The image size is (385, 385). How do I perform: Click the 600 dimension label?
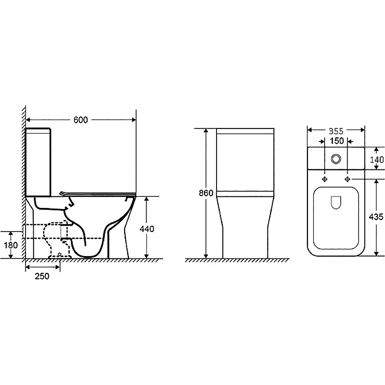[80, 120]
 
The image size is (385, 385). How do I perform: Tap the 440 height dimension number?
[147, 229]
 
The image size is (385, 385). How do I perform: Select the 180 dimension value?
[11, 245]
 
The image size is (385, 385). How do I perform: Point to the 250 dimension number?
[42, 276]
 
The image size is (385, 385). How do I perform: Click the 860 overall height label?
[206, 193]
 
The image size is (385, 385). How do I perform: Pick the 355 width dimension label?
[336, 131]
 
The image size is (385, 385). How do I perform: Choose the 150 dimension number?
[336, 141]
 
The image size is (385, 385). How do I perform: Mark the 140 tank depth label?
[377, 160]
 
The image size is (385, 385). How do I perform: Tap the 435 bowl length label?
[376, 217]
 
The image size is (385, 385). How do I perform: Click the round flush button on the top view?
[336, 159]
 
